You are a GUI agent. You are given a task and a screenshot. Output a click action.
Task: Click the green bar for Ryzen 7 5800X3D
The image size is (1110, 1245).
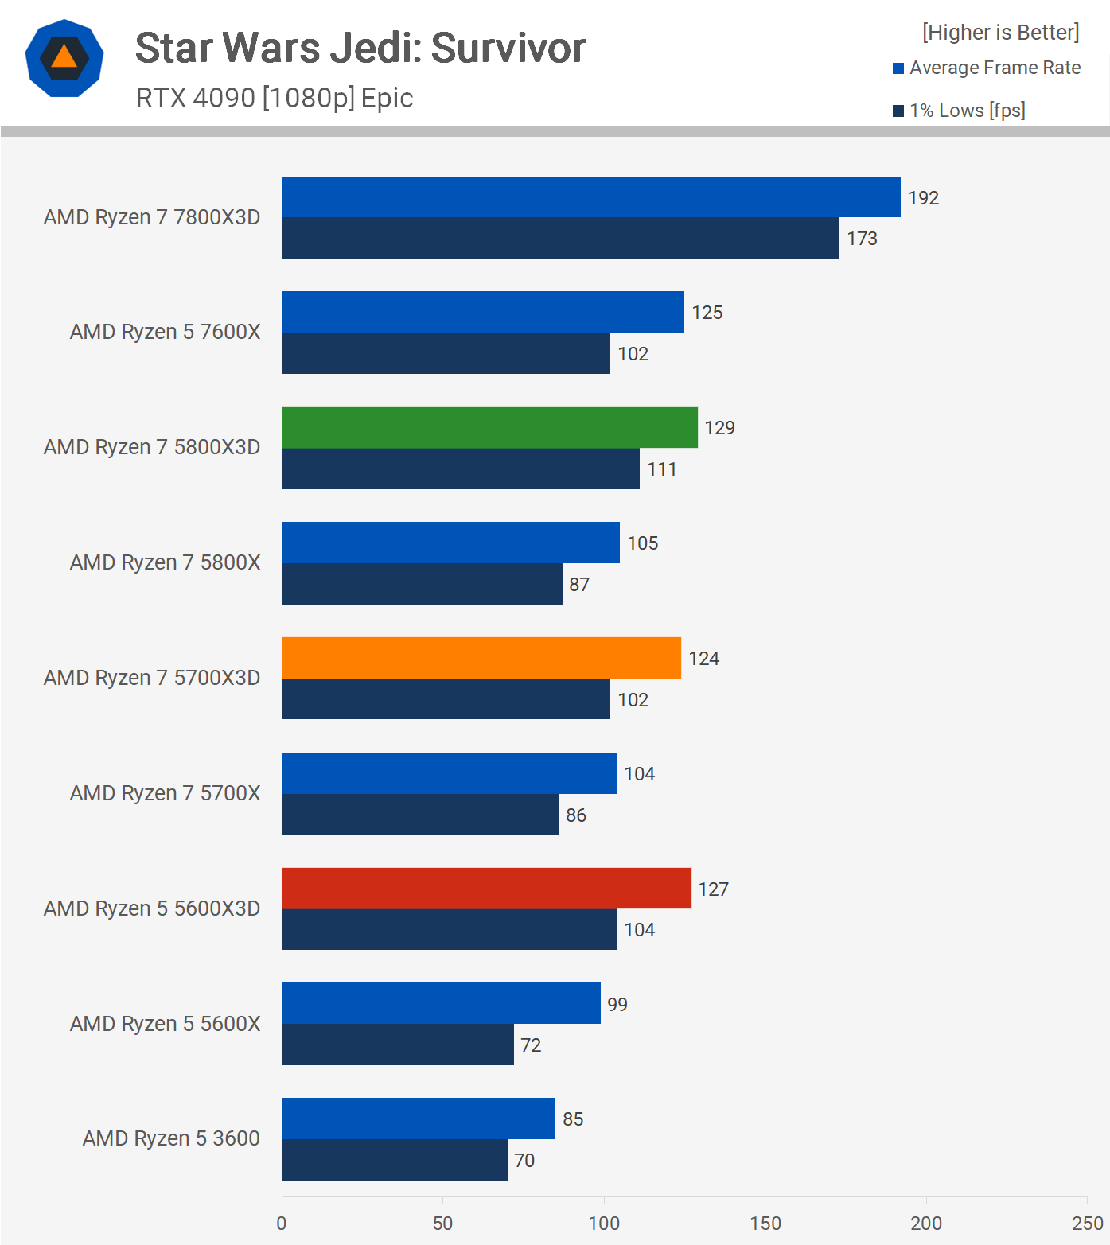pos(489,427)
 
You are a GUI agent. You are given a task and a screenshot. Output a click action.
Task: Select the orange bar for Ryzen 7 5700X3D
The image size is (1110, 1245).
pos(481,658)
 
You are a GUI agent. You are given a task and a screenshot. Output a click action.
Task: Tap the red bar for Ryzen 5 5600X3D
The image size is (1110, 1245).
pos(486,888)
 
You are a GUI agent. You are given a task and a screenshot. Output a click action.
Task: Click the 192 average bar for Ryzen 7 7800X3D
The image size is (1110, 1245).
pos(591,197)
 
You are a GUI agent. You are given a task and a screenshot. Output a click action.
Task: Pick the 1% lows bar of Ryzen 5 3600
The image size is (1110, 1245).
pos(395,1160)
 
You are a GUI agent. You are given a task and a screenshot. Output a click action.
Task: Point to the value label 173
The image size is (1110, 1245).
pos(862,239)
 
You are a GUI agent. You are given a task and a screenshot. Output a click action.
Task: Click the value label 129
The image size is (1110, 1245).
pos(719,428)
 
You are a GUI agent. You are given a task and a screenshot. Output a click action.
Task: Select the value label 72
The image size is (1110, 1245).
pos(531,1045)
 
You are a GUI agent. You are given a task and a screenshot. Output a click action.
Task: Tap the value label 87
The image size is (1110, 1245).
pos(579,585)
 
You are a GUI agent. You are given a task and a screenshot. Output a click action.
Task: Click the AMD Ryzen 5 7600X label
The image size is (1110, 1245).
pos(165,332)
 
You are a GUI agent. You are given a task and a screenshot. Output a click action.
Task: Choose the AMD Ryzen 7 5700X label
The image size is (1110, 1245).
pos(165,793)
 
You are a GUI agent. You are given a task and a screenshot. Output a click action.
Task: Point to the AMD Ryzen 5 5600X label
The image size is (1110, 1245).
pos(165,1024)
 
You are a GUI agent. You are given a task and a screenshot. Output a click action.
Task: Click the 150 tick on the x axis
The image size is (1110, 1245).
pos(765,1224)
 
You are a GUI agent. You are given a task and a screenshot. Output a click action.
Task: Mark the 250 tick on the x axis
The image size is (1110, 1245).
pos(1087,1224)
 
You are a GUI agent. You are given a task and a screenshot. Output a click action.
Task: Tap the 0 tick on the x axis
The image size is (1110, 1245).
pos(282,1224)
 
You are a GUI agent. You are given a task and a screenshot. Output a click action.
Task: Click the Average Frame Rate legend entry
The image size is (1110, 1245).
pos(987,68)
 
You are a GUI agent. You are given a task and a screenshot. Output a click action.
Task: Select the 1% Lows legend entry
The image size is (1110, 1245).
pos(960,111)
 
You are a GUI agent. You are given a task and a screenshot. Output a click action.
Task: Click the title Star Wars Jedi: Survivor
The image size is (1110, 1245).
pos(360,49)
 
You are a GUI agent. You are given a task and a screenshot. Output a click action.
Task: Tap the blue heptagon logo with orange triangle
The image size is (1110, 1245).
pos(64,58)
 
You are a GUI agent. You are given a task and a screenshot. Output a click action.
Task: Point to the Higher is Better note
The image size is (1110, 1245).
pos(1000,33)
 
